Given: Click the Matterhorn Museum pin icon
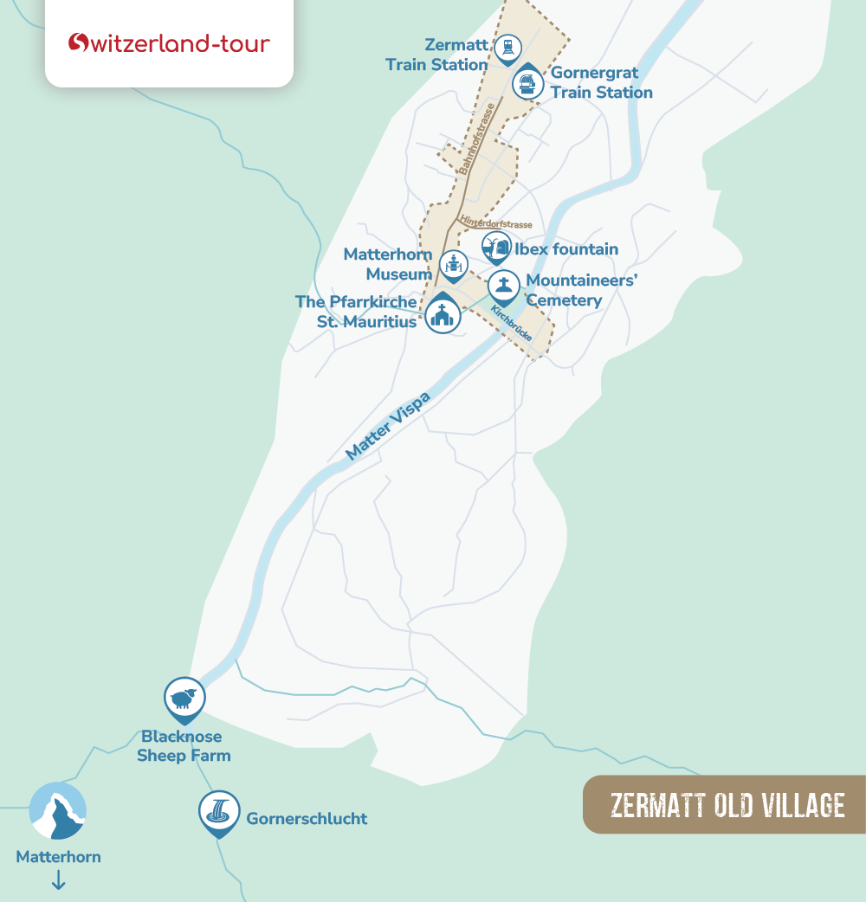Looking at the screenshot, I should click(454, 264).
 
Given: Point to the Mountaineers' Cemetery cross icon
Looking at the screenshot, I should click(503, 285).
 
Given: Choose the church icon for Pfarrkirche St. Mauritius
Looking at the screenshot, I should click(443, 315).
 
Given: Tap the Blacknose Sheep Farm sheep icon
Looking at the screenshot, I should click(184, 697).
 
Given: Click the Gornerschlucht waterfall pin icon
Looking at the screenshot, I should click(218, 812).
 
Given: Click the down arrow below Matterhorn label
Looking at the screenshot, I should click(59, 880).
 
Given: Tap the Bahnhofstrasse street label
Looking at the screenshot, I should click(477, 139).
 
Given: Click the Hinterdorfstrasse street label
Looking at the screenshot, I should click(496, 222).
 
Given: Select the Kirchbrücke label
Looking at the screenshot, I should click(511, 323).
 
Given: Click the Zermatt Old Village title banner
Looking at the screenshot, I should click(726, 804).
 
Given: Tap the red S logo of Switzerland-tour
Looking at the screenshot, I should click(79, 43).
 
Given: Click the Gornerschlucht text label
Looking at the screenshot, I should click(307, 818).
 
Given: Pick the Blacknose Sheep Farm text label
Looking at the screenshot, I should click(183, 745).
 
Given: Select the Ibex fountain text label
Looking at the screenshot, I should click(566, 249).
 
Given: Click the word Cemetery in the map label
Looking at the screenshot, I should click(564, 300).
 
